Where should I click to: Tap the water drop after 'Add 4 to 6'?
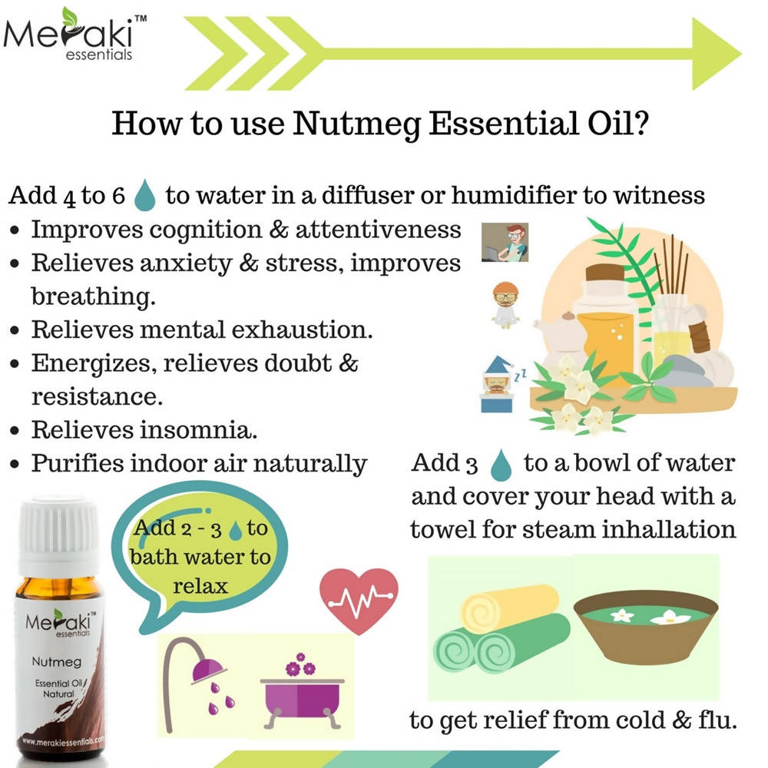click(145, 195)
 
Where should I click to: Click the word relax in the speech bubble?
click(200, 586)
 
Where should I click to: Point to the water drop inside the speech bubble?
click(236, 529)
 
